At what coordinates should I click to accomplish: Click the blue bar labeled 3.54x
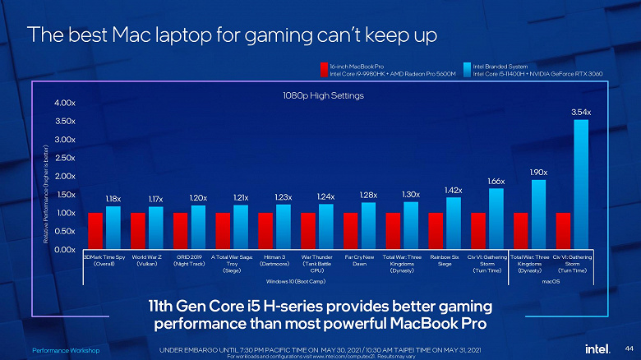581,184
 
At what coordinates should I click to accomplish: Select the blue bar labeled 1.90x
538,215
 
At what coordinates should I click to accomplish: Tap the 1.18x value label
113,199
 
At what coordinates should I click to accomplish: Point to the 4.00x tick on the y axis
66,104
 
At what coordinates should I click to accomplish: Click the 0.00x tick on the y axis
66,249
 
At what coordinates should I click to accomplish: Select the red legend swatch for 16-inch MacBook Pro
323,69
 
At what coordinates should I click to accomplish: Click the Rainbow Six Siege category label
445,261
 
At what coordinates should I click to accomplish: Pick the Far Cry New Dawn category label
359,261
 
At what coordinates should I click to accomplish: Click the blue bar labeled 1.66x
496,219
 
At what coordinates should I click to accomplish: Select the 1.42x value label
453,190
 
